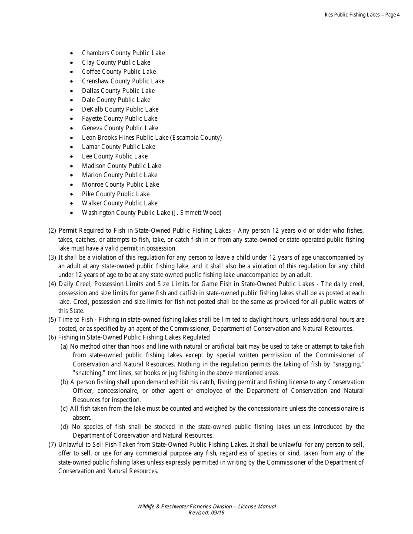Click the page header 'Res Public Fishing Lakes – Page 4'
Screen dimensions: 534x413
click(x=362, y=15)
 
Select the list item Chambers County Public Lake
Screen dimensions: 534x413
click(x=123, y=53)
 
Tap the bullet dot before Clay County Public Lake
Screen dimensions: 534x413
click(x=72, y=63)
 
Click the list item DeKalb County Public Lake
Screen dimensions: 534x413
click(x=120, y=109)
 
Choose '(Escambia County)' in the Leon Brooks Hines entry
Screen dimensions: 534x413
click(x=196, y=138)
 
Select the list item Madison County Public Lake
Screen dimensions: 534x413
click(x=121, y=166)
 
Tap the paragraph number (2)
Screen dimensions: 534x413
click(x=52, y=231)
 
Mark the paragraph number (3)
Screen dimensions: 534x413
click(x=52, y=257)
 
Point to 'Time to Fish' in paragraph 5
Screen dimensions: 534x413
click(x=75, y=320)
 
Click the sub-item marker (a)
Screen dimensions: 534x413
click(x=64, y=346)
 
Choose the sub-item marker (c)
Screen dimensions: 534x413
click(x=64, y=409)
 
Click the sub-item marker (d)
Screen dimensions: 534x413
click(x=64, y=427)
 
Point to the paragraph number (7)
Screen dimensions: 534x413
click(x=52, y=445)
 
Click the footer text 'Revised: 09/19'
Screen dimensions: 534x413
click(x=206, y=513)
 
